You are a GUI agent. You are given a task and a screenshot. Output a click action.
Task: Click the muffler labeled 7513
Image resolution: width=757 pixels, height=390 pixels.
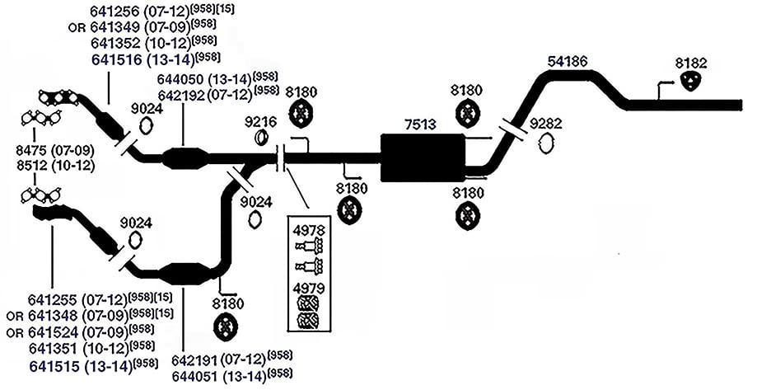[x=423, y=157]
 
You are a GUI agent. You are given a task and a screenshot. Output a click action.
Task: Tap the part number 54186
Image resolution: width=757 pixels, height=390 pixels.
[x=568, y=62]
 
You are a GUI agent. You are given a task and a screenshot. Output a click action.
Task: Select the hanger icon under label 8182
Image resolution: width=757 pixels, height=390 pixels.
[x=691, y=81]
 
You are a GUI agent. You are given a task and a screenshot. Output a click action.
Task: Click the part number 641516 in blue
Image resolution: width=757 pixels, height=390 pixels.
[x=116, y=60]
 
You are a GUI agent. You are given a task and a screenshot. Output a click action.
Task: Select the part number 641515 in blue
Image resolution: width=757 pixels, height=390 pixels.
[x=54, y=366]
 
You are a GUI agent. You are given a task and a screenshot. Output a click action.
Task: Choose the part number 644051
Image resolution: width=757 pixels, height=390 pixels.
[x=196, y=374]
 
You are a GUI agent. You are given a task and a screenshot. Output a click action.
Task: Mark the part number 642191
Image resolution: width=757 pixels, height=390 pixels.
[x=196, y=359]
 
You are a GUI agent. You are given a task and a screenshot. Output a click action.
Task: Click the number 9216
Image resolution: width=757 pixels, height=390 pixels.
[x=260, y=122]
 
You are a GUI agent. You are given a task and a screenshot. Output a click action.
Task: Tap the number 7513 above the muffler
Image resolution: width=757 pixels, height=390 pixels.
[x=420, y=125]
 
